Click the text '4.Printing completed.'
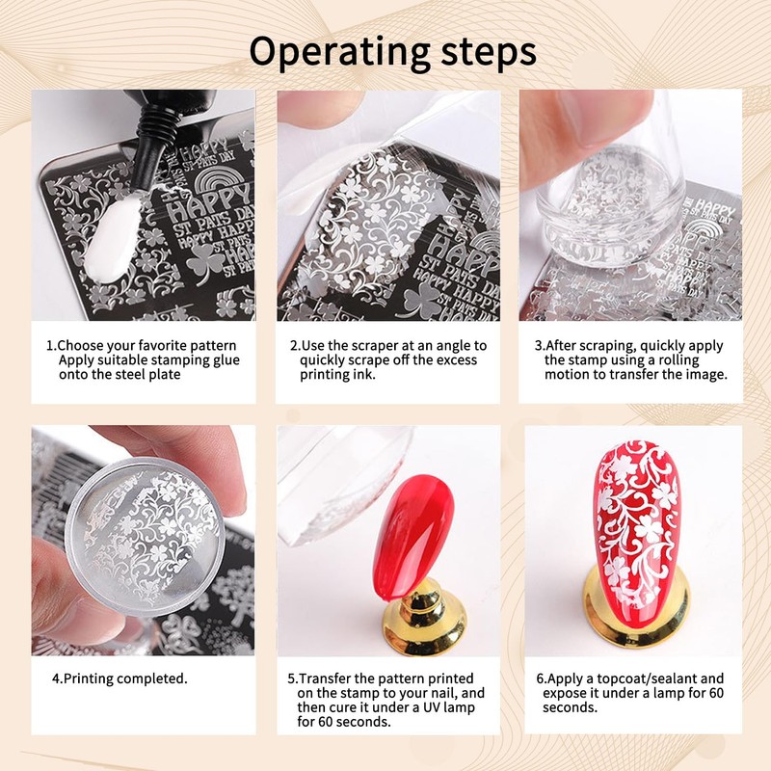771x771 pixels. tap(120, 678)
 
